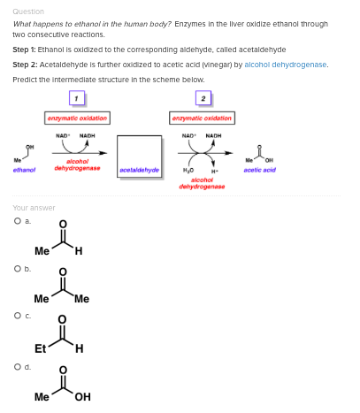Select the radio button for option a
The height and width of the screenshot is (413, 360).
pos(18,221)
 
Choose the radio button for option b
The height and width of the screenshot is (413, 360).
pos(18,269)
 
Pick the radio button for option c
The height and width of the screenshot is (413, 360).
pos(18,316)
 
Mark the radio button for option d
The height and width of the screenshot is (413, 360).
pos(18,367)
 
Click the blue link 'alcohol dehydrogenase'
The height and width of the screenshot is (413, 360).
pos(286,65)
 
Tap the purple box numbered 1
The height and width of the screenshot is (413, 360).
pos(77,98)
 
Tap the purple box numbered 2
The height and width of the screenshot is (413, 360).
pos(203,98)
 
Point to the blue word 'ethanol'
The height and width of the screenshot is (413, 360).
pos(24,170)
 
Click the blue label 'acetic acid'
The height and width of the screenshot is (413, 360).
pos(260,170)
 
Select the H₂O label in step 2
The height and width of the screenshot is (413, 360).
pos(188,170)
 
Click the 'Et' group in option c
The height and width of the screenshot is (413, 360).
pos(40,348)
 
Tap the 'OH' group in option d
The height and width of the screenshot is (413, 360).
pos(82,397)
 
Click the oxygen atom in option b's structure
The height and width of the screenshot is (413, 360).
pos(63,272)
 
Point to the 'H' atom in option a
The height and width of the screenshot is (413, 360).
pos(79,251)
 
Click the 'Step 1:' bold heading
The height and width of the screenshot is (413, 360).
pos(24,50)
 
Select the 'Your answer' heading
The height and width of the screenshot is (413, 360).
pos(34,208)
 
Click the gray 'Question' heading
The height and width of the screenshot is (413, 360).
pos(28,11)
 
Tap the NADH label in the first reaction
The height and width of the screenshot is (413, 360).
pos(87,135)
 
